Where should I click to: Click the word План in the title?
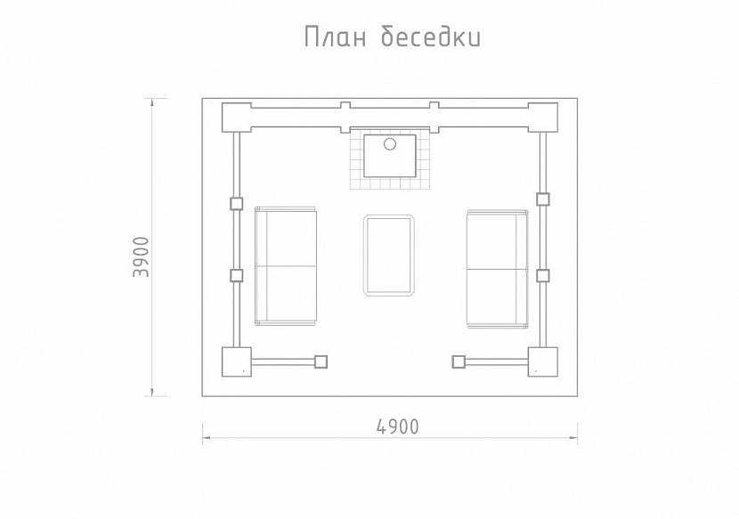[335, 36]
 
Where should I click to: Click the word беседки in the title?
[431, 36]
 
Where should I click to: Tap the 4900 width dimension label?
[398, 426]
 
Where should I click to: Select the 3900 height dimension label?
[141, 256]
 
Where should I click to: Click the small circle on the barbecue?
[390, 144]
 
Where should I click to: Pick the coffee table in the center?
[389, 255]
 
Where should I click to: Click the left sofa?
[286, 266]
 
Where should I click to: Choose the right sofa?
[497, 269]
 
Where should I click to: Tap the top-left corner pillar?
[237, 118]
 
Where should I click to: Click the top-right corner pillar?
[543, 118]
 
